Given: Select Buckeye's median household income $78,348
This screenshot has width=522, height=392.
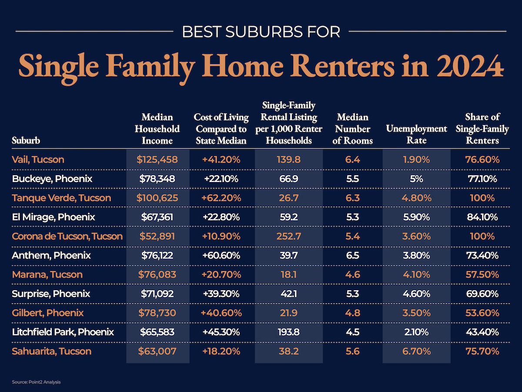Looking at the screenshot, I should coord(157,179).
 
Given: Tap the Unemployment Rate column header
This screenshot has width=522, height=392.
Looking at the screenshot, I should coord(416,134).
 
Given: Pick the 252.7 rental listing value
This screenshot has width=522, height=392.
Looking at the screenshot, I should coord(289,236).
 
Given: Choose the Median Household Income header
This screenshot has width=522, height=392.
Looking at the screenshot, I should coord(157,128).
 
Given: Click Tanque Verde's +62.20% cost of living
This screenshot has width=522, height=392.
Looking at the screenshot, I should coord(221,198).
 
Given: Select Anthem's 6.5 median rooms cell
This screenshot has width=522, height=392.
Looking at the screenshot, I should coord(352,255).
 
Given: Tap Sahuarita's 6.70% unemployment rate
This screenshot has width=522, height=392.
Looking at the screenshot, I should coord(416,351).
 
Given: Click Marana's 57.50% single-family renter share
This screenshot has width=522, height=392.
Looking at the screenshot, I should coord(482,274).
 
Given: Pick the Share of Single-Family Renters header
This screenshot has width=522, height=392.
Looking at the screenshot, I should coord(482,128).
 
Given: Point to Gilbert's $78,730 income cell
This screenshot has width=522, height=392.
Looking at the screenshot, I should coord(157,313).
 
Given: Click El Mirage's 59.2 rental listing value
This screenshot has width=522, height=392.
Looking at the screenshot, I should coord(289,217).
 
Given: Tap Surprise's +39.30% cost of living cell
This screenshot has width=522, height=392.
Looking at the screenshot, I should coord(221,294).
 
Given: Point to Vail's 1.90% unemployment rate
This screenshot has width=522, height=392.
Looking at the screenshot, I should coord(416,159).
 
